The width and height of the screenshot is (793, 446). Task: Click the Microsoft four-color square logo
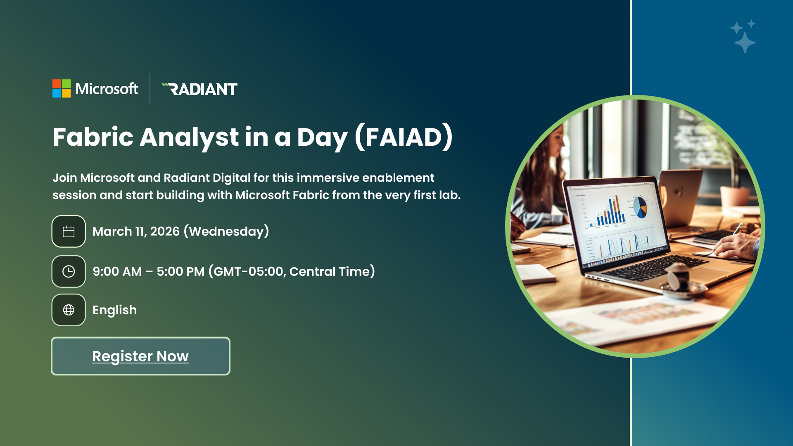click(62, 88)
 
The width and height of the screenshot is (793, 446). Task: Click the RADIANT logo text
click(199, 89)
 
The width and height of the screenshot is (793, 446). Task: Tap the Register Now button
click(140, 356)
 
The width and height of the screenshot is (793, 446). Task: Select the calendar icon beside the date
click(69, 231)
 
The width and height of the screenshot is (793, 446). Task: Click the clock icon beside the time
click(69, 271)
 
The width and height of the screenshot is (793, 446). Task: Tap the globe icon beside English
click(69, 310)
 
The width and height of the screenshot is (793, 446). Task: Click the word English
click(114, 310)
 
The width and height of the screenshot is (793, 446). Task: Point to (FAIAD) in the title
click(404, 137)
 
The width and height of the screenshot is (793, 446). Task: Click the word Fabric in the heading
click(93, 137)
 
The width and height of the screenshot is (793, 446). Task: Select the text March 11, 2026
click(136, 231)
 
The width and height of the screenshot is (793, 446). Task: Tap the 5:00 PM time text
click(180, 271)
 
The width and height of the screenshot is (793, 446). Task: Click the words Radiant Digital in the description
click(207, 178)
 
